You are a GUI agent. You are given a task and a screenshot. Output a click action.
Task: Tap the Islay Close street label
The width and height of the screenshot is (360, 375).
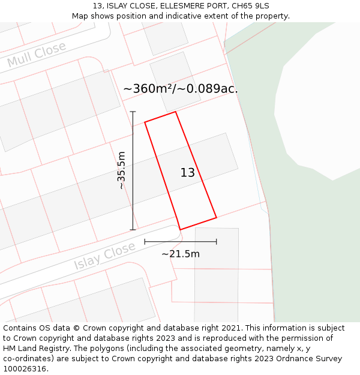tap(105, 256)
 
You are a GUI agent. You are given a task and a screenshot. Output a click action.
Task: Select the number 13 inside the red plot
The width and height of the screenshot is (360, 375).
tap(188, 173)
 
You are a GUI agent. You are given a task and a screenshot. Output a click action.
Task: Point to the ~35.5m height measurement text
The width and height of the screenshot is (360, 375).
tap(122, 170)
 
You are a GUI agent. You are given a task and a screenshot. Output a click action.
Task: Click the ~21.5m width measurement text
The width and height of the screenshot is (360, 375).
tap(181, 254)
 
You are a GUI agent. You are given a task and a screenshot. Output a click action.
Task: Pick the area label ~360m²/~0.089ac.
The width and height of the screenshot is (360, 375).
tap(181, 89)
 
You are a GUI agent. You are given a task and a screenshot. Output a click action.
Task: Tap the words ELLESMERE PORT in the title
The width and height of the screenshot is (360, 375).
tap(195, 6)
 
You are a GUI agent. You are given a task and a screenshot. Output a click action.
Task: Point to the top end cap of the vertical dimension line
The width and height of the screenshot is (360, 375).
tap(133, 112)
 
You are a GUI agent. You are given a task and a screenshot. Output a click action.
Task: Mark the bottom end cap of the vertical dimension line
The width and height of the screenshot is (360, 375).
tap(133, 229)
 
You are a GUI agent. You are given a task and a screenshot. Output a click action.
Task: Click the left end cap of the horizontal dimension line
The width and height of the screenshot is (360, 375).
tap(145, 242)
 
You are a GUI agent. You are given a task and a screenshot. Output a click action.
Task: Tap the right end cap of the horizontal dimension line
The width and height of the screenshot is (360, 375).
tap(217, 242)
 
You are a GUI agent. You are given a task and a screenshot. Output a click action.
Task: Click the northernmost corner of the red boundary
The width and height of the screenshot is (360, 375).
tap(175, 112)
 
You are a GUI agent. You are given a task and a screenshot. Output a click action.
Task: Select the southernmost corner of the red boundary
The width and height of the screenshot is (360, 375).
tap(181, 229)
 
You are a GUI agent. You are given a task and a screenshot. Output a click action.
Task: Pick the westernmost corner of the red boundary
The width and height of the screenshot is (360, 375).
tap(145, 122)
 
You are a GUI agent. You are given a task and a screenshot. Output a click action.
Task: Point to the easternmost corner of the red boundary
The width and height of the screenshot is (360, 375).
tap(216, 217)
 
